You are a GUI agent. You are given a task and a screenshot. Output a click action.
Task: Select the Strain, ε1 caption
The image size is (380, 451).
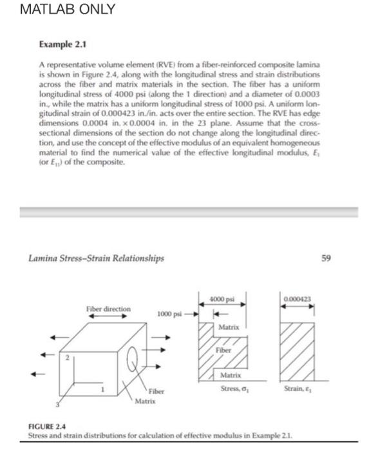pos(299,388)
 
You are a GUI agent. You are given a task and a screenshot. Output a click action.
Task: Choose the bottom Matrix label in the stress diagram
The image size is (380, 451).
pos(231,374)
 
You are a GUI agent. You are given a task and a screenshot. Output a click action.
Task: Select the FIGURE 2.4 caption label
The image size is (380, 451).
pos(50,427)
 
